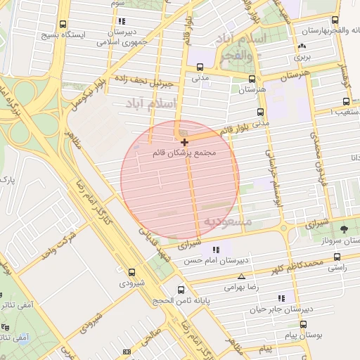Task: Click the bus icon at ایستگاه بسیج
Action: [x=64, y=23]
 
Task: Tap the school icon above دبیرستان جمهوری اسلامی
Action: [x=123, y=21]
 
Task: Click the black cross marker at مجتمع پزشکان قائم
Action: [x=185, y=142]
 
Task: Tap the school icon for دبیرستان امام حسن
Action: [x=217, y=250]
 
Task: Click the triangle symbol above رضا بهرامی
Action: [x=242, y=277]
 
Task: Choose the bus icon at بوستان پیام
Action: [x=303, y=324]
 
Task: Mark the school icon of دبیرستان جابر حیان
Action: [x=282, y=297]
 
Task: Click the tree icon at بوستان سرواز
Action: [x=344, y=229]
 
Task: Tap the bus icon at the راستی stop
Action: [x=337, y=257]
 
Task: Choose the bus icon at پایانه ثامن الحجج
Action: [x=181, y=289]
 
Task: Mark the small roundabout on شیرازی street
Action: [x=283, y=228]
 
